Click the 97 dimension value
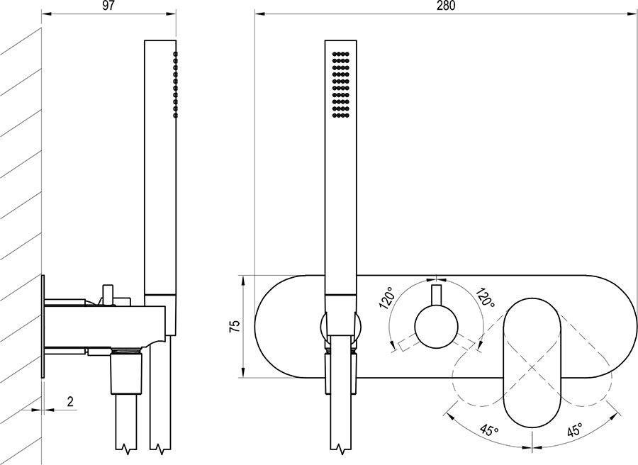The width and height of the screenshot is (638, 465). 108,6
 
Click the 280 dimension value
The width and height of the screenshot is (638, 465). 446,6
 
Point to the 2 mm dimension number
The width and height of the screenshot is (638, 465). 70,401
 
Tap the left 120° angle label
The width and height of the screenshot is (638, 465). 387,300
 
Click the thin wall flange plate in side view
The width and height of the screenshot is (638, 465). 44,326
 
